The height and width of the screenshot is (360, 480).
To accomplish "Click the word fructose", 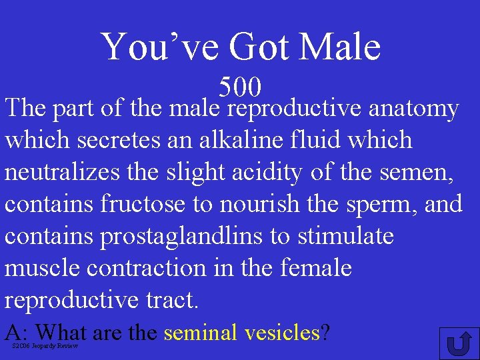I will [x=143, y=204].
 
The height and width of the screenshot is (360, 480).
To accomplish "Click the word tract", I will [x=173, y=300].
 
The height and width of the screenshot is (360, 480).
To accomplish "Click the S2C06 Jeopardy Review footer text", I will [x=45, y=346].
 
